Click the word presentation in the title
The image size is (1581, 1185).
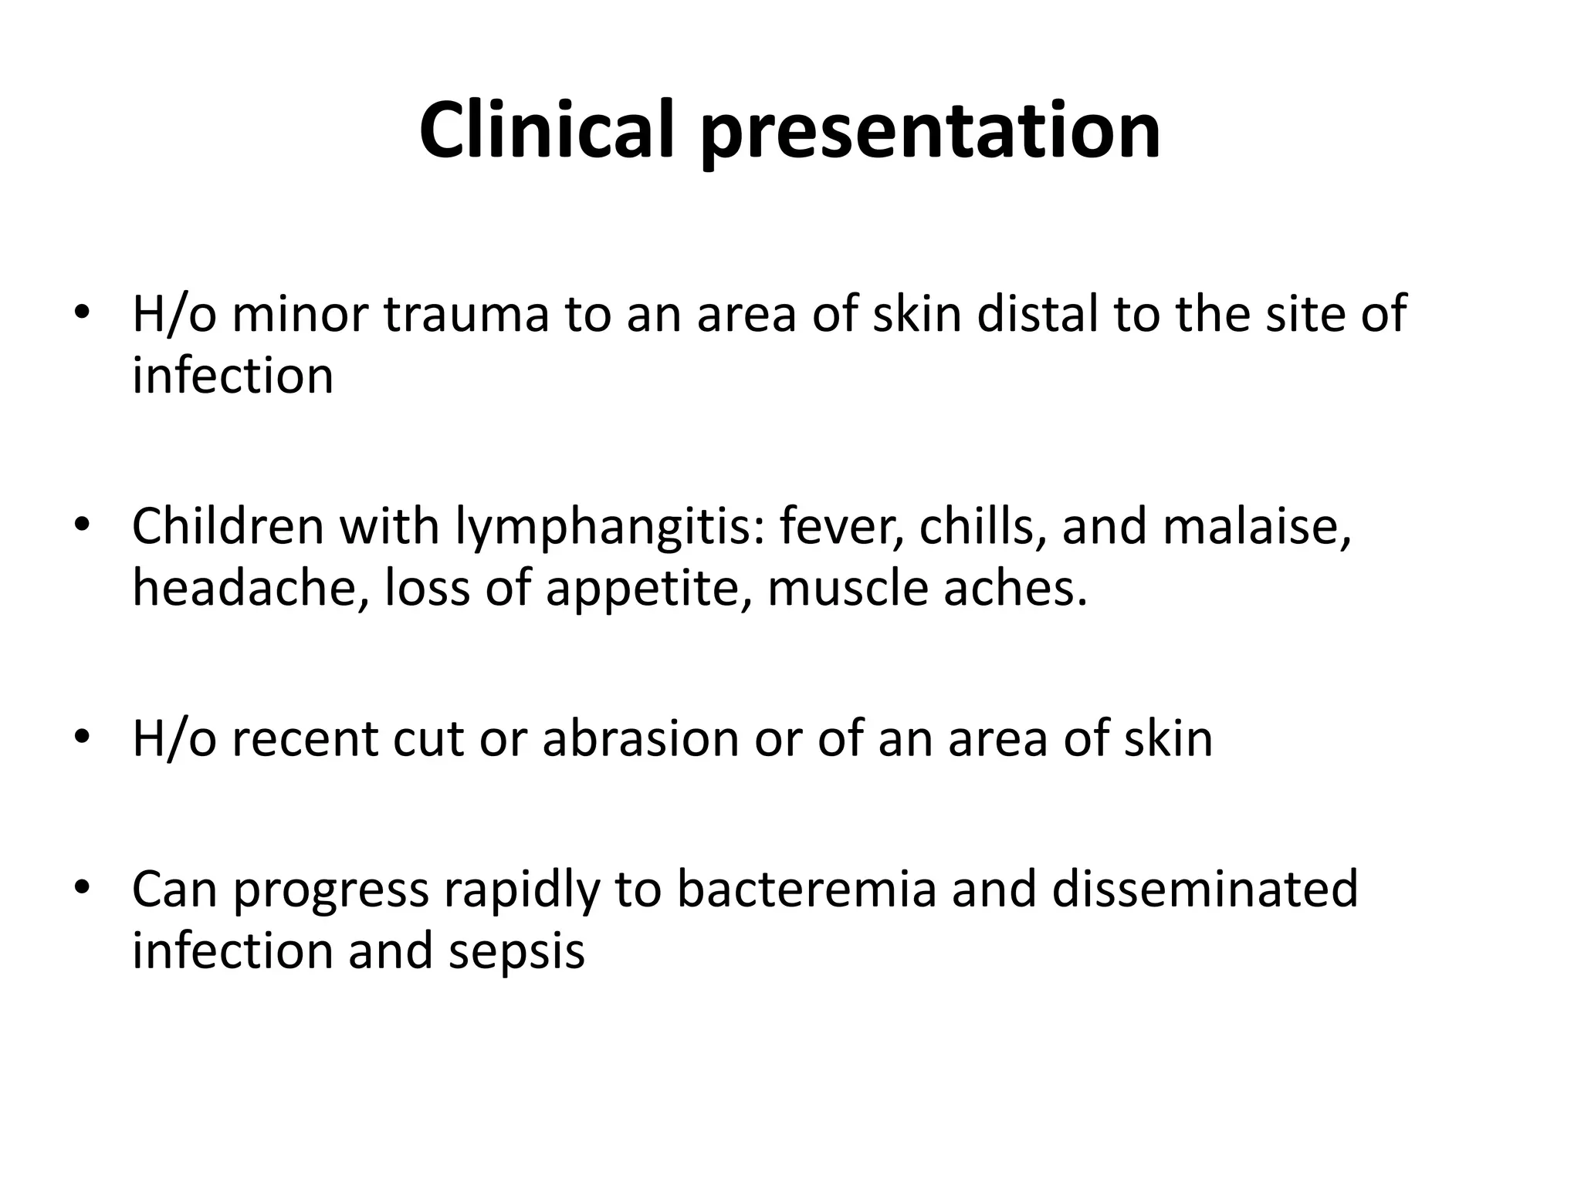pyautogui.click(x=929, y=133)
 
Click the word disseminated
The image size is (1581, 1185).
pyautogui.click(x=1204, y=889)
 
